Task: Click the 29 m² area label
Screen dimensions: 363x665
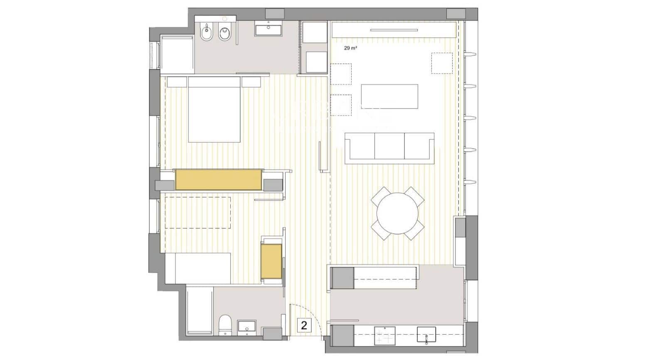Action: [x=350, y=48]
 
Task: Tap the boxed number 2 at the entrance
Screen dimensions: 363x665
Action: [x=304, y=325]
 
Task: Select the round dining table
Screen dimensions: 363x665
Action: [x=397, y=213]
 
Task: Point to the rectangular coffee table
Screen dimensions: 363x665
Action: [x=389, y=96]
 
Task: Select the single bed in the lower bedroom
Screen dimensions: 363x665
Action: [x=198, y=268]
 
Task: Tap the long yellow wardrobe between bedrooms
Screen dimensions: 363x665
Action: [x=218, y=179]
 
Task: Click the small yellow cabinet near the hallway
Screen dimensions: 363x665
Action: [x=271, y=261]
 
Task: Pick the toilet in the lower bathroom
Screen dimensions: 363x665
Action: [x=225, y=324]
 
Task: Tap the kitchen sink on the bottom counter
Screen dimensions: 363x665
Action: [x=426, y=335]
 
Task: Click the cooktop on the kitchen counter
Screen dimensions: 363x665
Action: [x=384, y=336]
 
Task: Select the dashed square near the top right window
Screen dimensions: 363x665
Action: [x=442, y=63]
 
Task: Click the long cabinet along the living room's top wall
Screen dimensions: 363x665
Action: [x=393, y=30]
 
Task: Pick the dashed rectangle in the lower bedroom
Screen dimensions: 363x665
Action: [x=198, y=212]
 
